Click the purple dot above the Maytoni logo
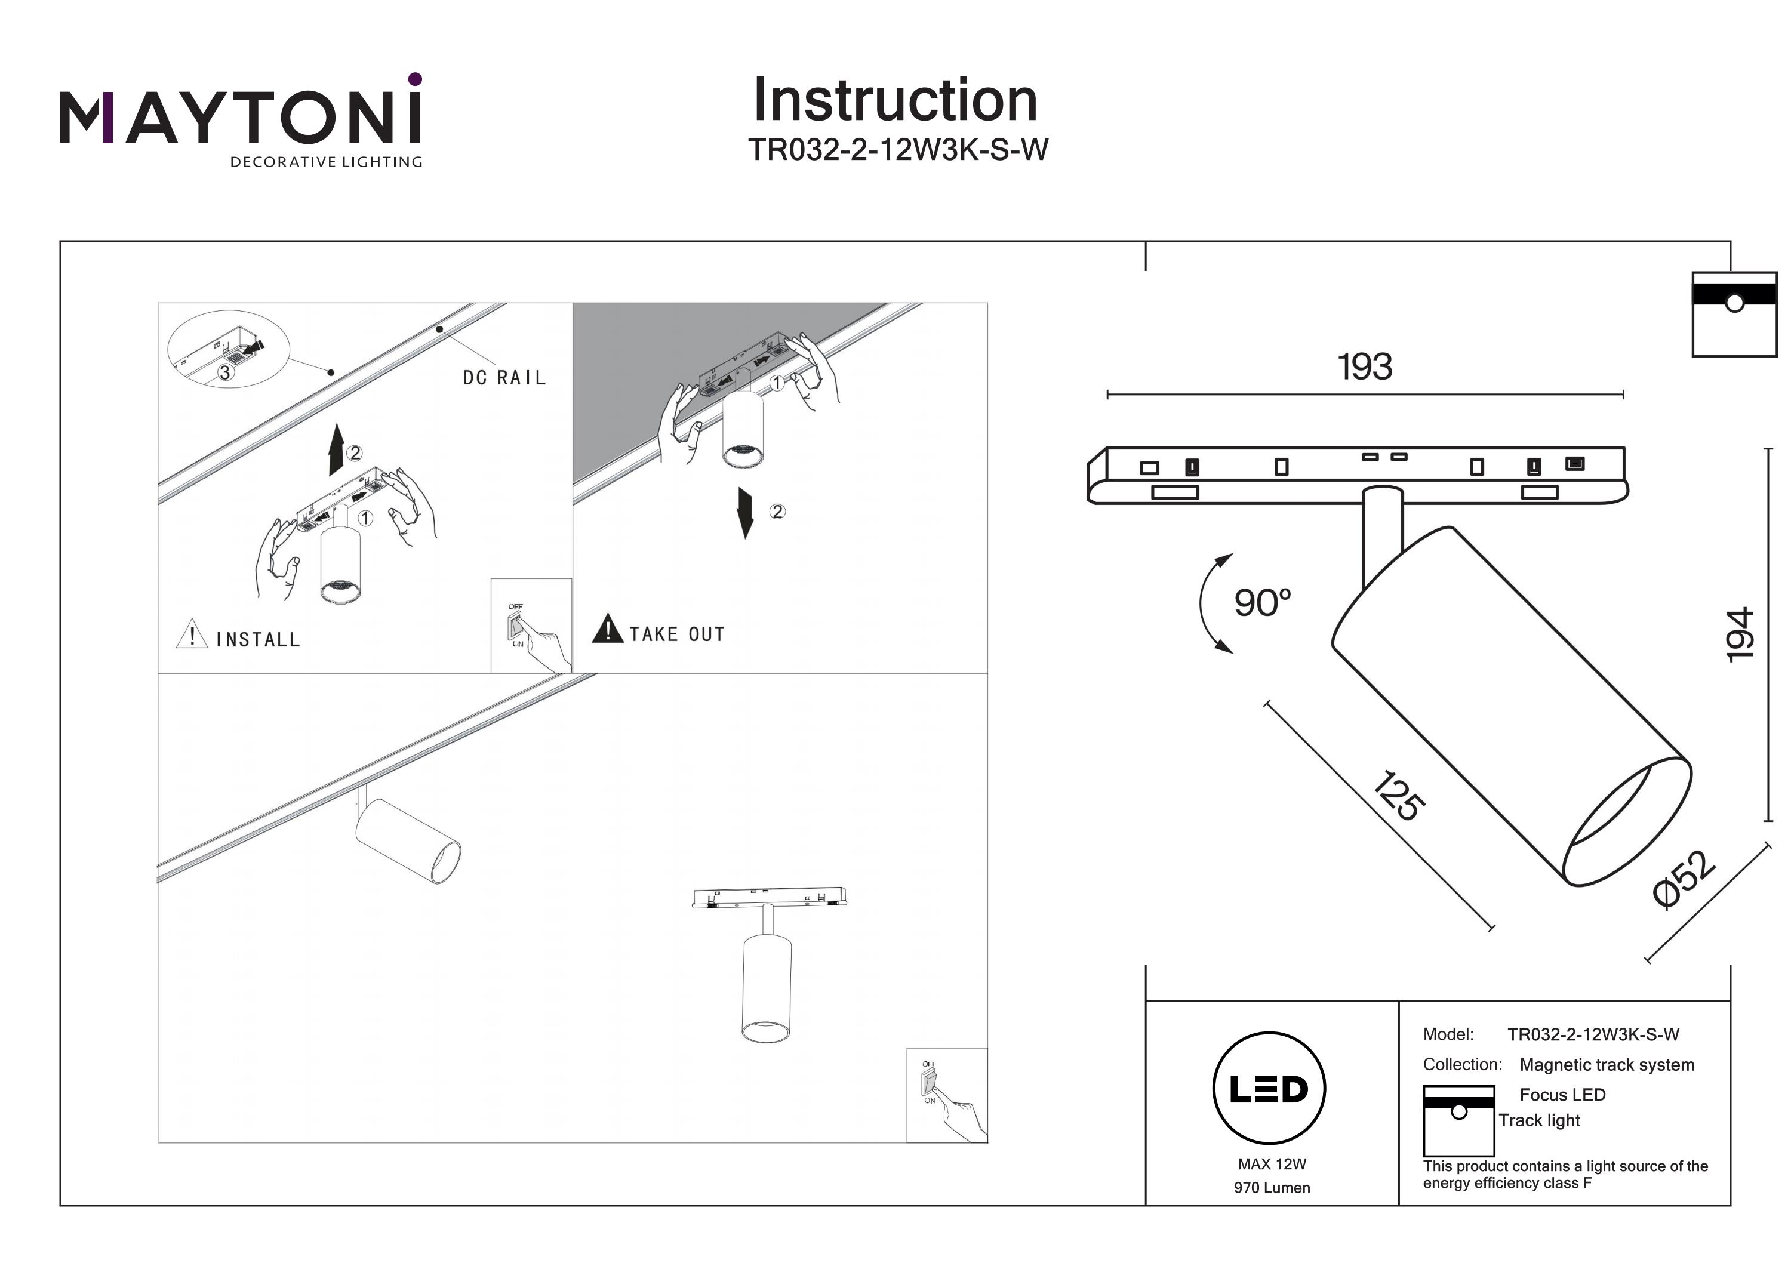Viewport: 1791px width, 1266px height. click(x=415, y=79)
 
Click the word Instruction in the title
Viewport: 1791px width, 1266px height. click(x=895, y=101)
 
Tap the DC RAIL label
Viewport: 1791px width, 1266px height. click(x=504, y=378)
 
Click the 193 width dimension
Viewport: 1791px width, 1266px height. click(x=1364, y=366)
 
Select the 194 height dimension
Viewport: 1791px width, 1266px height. click(x=1738, y=635)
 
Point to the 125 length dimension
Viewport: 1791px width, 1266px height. click(x=1397, y=796)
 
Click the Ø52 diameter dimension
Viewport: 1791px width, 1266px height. click(x=1685, y=879)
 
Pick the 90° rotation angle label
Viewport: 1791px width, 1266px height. click(x=1262, y=603)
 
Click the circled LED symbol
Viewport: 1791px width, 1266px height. click(x=1269, y=1089)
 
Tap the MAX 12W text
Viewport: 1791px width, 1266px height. click(x=1272, y=1164)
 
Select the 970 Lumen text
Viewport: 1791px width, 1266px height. click(x=1272, y=1188)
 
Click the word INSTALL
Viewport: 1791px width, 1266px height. click(x=258, y=640)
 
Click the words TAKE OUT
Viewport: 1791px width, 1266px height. click(x=677, y=634)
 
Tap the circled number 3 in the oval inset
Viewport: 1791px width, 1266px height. click(x=224, y=373)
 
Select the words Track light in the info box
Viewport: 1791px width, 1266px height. click(x=1538, y=1120)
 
